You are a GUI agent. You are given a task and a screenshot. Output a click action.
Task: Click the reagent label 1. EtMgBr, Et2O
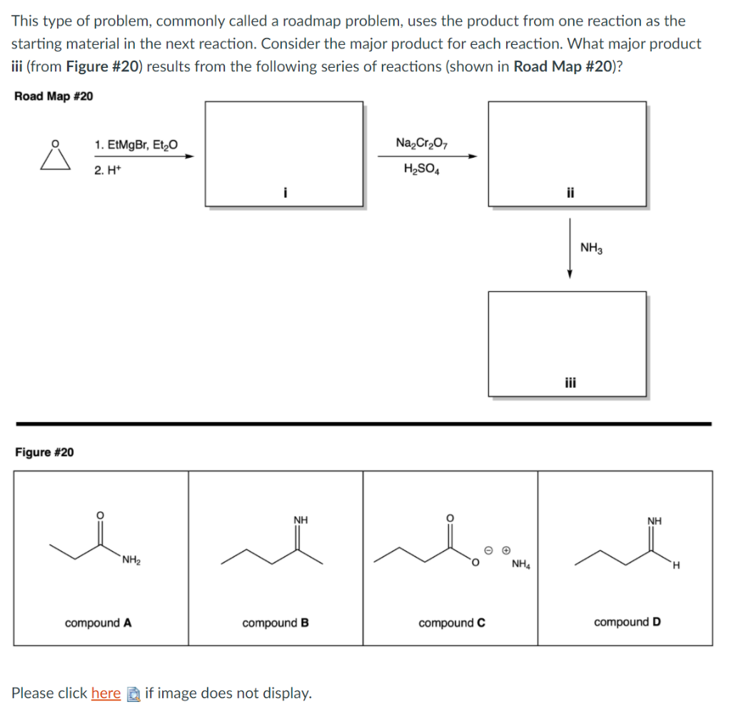point(136,146)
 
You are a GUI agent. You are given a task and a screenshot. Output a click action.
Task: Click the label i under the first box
point(285,192)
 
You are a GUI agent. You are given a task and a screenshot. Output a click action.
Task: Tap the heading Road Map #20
point(54,96)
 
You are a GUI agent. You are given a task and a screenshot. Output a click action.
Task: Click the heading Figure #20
point(44,452)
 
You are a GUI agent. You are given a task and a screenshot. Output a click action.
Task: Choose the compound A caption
point(98,623)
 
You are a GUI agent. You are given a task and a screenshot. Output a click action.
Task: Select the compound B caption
point(276,623)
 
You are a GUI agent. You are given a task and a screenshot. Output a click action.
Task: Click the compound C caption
point(452,623)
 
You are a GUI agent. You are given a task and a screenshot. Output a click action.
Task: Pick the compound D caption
point(627,622)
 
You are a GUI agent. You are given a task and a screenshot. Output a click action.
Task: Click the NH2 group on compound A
point(131,559)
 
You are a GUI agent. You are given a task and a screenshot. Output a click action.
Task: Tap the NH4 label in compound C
point(521,565)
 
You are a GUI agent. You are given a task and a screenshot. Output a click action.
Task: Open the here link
point(106,693)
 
